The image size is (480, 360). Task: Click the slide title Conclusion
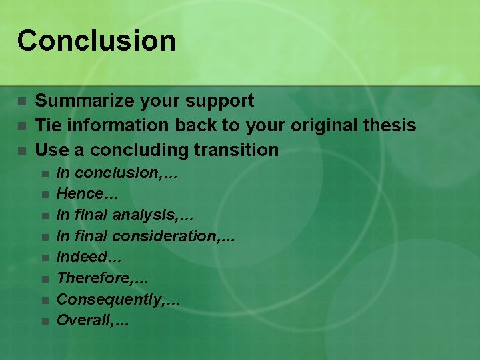(x=97, y=40)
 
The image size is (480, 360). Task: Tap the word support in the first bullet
(x=221, y=101)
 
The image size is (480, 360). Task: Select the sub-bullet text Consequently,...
(x=108, y=299)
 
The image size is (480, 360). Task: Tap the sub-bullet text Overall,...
(x=83, y=320)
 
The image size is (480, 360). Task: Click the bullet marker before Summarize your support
(x=22, y=101)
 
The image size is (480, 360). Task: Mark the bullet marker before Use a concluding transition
(x=22, y=150)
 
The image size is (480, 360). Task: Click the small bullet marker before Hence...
(x=44, y=195)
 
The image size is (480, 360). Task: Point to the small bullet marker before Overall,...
(x=44, y=321)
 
